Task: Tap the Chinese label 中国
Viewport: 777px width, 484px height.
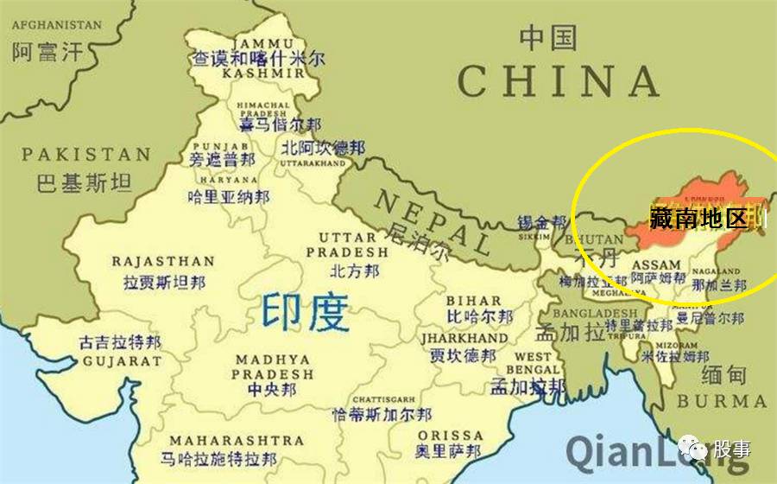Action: pyautogui.click(x=547, y=37)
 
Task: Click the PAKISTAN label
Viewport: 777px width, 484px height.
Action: pyautogui.click(x=86, y=155)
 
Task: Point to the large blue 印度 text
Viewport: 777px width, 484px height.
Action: pyautogui.click(x=306, y=314)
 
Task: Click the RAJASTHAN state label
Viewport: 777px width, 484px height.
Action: pyautogui.click(x=163, y=260)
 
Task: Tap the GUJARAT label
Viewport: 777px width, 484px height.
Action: pyautogui.click(x=121, y=360)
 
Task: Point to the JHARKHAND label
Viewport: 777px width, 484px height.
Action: pyautogui.click(x=464, y=338)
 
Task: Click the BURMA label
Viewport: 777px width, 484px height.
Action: pyautogui.click(x=721, y=402)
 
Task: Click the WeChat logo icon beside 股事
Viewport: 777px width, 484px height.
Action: pyautogui.click(x=694, y=447)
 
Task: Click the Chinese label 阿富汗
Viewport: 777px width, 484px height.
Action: pyautogui.click(x=47, y=52)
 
